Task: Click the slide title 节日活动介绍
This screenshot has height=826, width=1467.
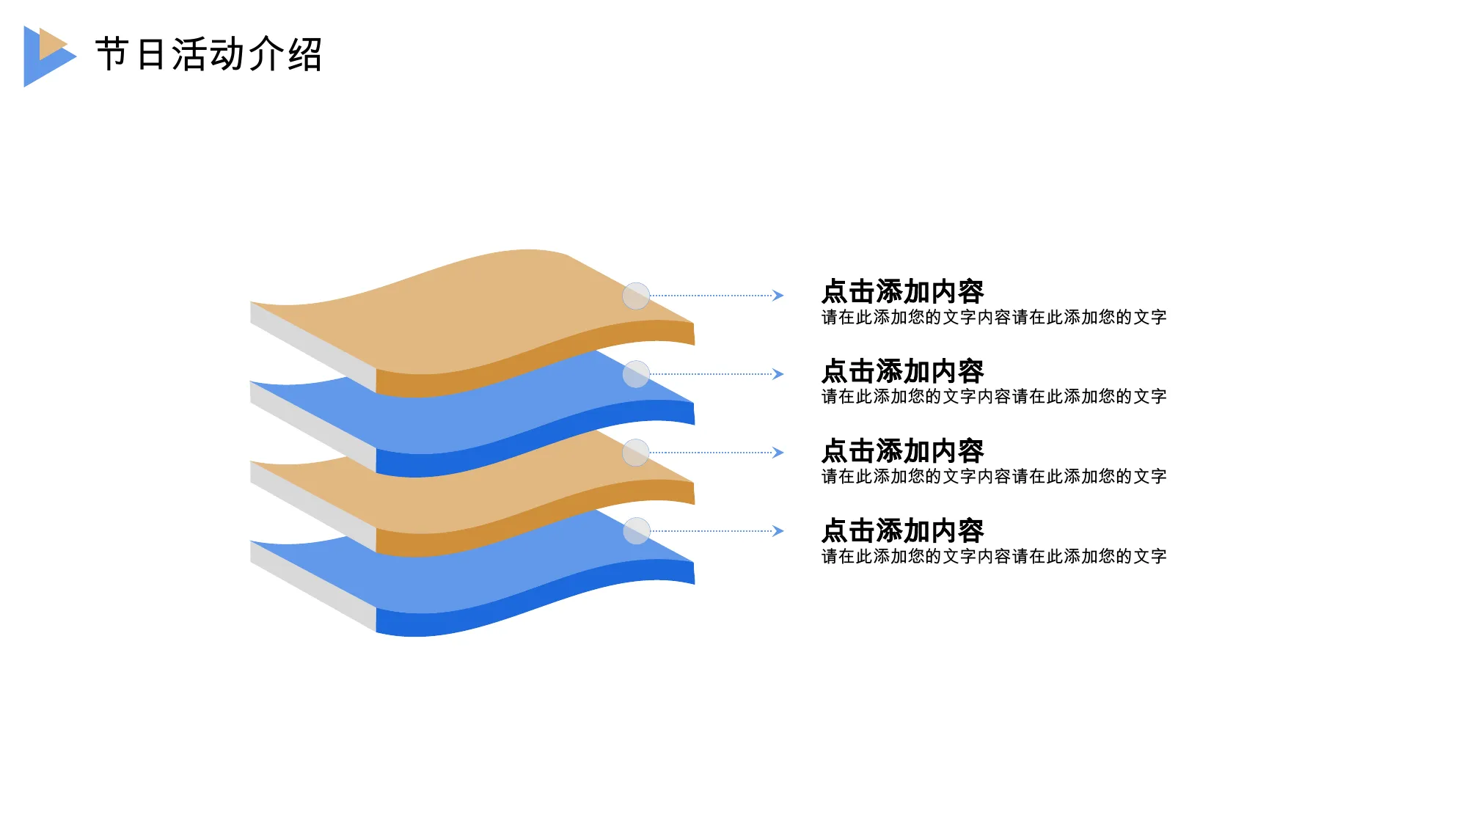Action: click(x=209, y=54)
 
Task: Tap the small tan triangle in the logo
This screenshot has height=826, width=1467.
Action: click(x=51, y=44)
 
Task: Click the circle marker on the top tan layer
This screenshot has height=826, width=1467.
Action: click(x=636, y=296)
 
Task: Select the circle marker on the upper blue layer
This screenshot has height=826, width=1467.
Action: click(x=636, y=374)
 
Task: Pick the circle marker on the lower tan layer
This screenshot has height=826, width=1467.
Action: click(x=636, y=453)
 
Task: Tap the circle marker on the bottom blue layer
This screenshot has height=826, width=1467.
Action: click(x=636, y=531)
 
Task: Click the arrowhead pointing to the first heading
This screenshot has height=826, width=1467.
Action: click(x=778, y=296)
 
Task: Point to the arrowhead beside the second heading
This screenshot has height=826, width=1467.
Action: click(x=778, y=374)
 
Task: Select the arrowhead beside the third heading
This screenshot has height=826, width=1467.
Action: click(x=778, y=453)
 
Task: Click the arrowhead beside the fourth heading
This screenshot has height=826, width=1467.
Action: click(x=778, y=531)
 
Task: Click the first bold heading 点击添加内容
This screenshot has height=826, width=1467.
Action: click(x=903, y=291)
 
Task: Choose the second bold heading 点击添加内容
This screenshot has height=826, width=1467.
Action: click(x=903, y=371)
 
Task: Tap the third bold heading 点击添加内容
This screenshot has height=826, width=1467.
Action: click(x=903, y=450)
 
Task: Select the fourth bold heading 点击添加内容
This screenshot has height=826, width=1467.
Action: click(x=903, y=530)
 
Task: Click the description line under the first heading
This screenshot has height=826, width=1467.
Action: click(x=994, y=317)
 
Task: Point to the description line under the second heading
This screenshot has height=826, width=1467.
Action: click(x=994, y=396)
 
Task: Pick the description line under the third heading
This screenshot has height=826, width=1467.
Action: click(x=994, y=476)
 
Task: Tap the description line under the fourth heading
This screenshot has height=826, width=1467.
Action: click(x=994, y=556)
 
